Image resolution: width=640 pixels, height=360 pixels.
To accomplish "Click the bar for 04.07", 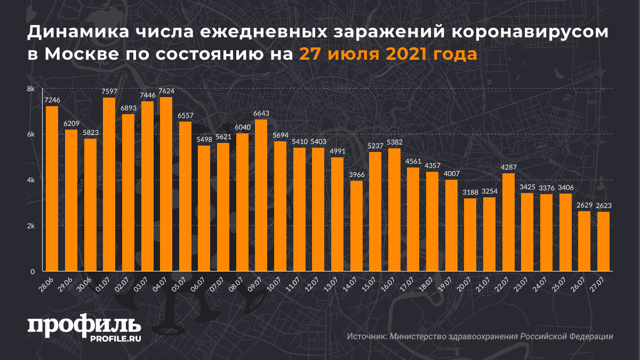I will click(x=166, y=184).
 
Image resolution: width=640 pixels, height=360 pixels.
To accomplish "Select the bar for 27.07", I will click(x=603, y=241).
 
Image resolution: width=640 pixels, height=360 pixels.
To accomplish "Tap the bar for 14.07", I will click(x=356, y=226).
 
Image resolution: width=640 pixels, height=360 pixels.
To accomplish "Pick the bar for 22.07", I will click(x=508, y=222).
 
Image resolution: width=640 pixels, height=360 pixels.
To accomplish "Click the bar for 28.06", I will click(x=52, y=188).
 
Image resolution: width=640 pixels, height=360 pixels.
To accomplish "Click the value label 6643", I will click(x=261, y=114).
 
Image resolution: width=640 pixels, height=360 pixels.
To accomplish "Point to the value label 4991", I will click(x=337, y=151).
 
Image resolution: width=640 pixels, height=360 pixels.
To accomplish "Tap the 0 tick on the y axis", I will click(x=33, y=271).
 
